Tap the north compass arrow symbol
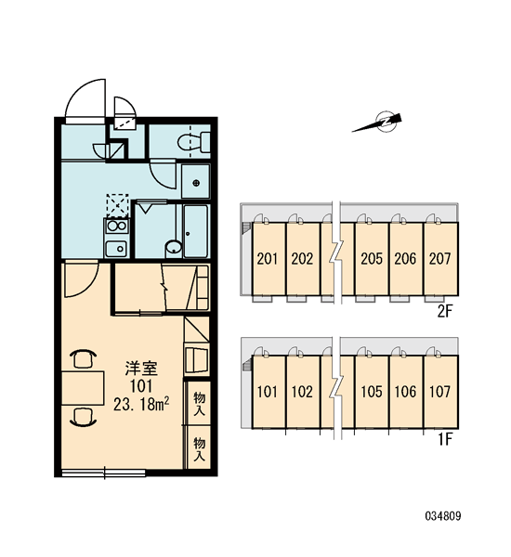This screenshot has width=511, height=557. click(379, 123)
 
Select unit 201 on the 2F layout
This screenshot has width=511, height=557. click(268, 259)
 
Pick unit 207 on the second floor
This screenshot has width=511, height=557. click(440, 259)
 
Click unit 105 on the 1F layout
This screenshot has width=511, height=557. click(372, 392)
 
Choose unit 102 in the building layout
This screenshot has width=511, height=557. click(302, 392)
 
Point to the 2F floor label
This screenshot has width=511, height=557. click(444, 312)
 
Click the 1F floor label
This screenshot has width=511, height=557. click(445, 440)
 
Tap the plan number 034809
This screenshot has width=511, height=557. click(443, 515)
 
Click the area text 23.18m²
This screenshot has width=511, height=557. click(141, 405)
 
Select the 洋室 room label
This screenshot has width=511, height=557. click(141, 369)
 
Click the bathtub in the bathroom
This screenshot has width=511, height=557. click(196, 230)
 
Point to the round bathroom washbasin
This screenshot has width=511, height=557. click(174, 247)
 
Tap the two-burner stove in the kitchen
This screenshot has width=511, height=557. click(117, 226)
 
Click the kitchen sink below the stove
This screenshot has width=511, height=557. click(116, 248)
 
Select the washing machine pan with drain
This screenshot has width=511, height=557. click(196, 182)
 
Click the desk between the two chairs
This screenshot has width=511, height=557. click(83, 388)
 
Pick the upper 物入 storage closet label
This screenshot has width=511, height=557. click(199, 404)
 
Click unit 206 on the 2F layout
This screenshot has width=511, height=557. click(405, 259)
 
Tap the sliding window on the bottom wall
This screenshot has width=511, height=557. click(104, 473)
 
